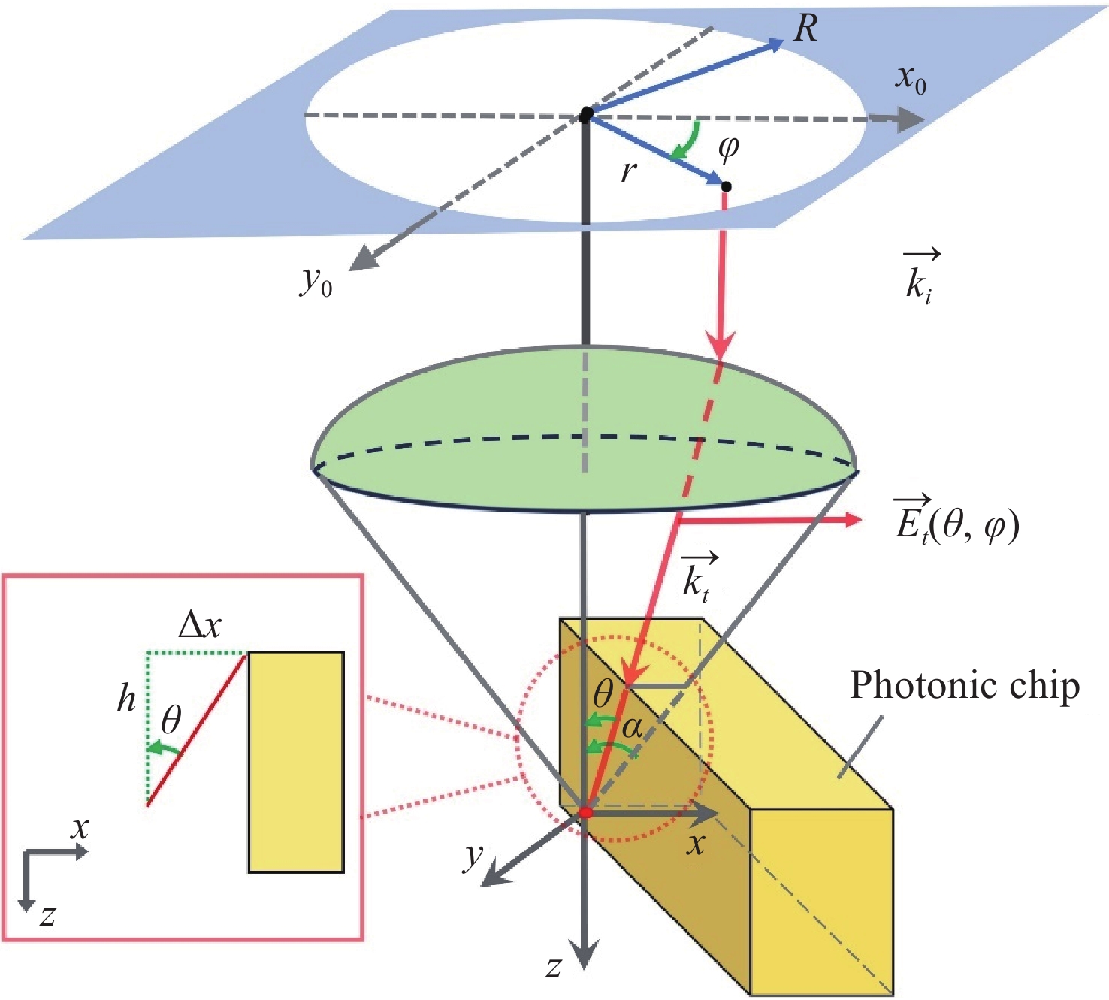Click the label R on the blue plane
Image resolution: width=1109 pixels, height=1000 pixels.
[x=805, y=29]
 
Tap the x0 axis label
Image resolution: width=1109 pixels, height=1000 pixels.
[x=910, y=78]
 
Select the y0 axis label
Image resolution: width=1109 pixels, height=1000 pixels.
[x=316, y=282]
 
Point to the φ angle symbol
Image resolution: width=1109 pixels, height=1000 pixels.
[x=728, y=148]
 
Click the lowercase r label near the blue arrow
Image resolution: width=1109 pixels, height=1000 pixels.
[x=628, y=171]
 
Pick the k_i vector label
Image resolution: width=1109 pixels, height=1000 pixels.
[x=920, y=278]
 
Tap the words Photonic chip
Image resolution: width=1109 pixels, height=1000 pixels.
[x=965, y=685]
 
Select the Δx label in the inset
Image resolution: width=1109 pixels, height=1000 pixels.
[x=200, y=625]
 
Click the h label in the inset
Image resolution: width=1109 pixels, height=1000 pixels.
[x=126, y=699]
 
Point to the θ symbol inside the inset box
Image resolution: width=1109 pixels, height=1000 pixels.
[x=171, y=721]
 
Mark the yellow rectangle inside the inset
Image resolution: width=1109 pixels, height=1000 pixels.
[x=296, y=762]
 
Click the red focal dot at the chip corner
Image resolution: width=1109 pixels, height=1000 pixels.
[x=586, y=813]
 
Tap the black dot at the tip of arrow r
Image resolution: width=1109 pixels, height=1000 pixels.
[x=726, y=186]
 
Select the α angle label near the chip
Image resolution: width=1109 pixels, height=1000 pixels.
[x=633, y=727]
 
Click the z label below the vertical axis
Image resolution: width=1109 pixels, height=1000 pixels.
[x=554, y=968]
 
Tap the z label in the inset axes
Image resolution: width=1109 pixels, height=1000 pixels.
[x=47, y=915]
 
